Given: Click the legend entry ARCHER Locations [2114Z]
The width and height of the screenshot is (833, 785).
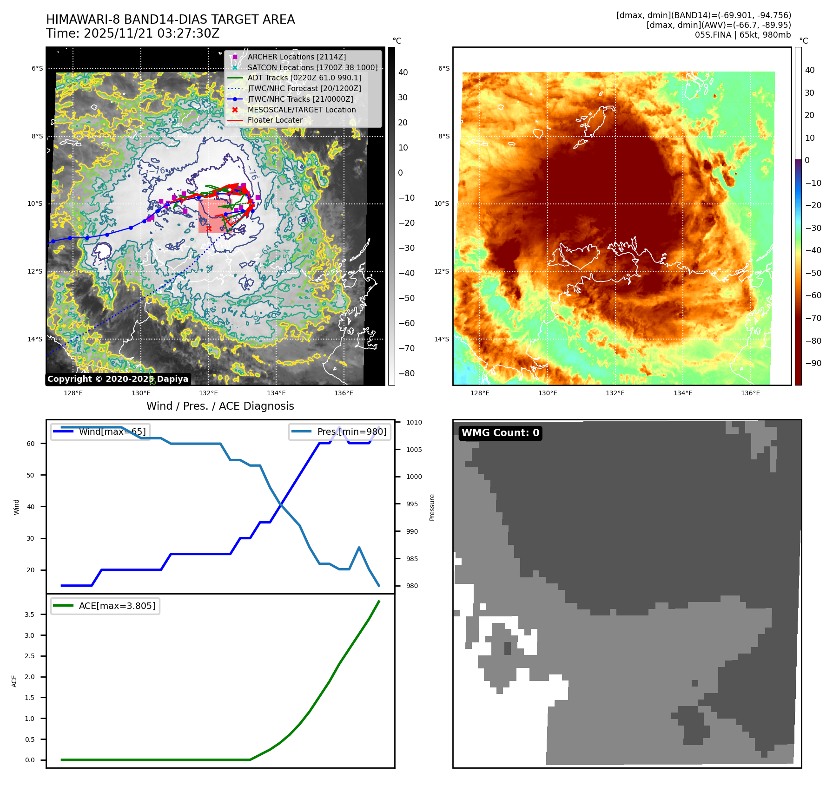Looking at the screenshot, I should coord(297,57).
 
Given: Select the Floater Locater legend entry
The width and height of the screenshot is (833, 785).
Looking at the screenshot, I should coord(275,120).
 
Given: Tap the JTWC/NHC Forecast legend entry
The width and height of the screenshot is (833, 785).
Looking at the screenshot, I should coord(304,88).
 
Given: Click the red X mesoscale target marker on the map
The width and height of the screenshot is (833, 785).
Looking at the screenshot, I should coord(209,229).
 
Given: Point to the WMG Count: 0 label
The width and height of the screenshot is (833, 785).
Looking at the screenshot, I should coord(500,433).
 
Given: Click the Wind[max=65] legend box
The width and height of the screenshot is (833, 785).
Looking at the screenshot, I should coord(100,432).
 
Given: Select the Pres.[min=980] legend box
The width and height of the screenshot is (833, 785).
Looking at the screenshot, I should coord(339,432).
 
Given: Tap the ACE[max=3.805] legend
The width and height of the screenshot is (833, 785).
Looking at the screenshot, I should coord(105,606).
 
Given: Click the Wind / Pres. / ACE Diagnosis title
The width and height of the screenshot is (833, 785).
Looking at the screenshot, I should coord(220,406).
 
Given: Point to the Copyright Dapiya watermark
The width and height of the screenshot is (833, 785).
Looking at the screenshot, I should coord(118,379).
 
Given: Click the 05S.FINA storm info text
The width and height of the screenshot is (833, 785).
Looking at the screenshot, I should coord(742,35).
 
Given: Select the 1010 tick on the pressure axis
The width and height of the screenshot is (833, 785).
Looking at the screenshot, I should coord(414,422).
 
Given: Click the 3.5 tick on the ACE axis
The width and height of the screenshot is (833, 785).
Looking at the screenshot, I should coord(30,615).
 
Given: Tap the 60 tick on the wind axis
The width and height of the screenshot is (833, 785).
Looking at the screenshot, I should coord(31,444).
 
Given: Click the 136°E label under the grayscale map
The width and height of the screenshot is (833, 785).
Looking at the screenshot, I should coord(344,393).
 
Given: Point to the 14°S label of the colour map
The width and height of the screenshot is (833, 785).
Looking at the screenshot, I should coord(442,339).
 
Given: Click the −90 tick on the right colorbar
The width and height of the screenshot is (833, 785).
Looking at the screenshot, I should coord(813,363).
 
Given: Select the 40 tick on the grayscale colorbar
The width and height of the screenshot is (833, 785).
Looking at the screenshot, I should coord(403,72).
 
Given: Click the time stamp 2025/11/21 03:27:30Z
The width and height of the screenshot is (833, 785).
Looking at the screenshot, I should coord(151,33).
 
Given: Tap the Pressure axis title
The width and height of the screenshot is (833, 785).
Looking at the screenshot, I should coord(432,507).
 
